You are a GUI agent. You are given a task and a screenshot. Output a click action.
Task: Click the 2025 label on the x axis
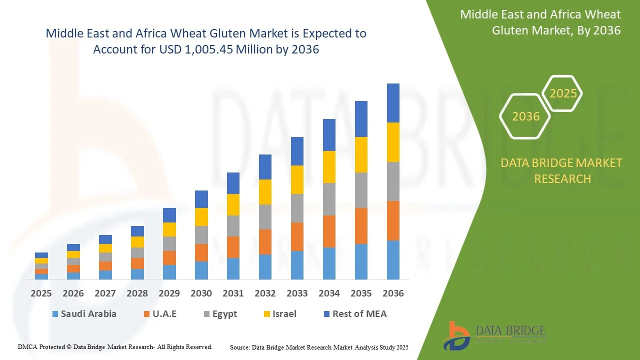click(41, 293)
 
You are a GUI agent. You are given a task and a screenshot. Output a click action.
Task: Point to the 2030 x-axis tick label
click(201, 293)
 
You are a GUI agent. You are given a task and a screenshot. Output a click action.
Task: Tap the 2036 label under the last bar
click(393, 293)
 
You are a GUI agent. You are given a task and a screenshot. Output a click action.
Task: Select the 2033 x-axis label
click(297, 293)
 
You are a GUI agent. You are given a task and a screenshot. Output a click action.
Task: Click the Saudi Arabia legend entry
click(83, 314)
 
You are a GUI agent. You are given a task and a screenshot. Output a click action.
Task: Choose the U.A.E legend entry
click(160, 314)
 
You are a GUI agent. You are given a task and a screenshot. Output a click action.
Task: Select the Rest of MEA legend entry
click(354, 314)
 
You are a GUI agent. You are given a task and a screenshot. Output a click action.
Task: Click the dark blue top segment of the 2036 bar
click(393, 103)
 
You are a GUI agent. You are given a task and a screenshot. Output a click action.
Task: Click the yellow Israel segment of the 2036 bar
click(393, 142)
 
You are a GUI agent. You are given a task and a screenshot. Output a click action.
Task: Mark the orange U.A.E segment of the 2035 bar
click(361, 226)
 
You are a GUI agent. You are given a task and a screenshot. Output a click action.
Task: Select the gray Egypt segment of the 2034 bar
click(329, 199)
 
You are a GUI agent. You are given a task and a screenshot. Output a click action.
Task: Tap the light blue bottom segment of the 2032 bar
click(265, 267)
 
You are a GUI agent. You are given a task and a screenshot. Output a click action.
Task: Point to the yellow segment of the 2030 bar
click(201, 217)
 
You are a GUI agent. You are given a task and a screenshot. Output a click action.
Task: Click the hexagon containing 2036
click(525, 116)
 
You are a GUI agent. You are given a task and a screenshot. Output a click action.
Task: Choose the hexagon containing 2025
click(563, 93)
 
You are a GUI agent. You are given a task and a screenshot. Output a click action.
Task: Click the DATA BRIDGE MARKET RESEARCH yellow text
click(562, 171)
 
